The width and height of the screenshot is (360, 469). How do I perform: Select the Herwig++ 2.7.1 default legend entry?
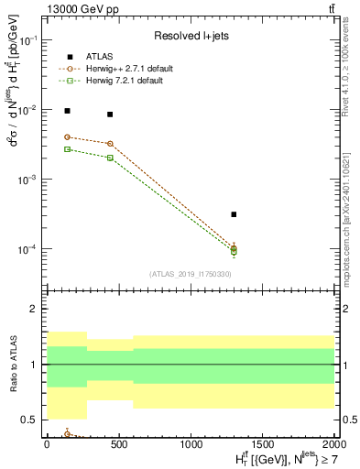tap(123, 69)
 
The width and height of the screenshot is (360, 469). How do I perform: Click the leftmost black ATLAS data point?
tap(67, 111)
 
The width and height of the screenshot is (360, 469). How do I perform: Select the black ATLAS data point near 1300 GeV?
tap(235, 214)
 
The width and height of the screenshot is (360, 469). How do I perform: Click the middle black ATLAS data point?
tap(110, 115)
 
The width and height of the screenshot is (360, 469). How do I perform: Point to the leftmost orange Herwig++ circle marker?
tap(67, 136)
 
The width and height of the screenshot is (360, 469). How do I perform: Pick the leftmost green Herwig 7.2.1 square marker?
tap(67, 148)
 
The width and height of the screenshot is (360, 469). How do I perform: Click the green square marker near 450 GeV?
tap(110, 158)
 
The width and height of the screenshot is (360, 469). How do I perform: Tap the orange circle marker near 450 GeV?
tap(110, 143)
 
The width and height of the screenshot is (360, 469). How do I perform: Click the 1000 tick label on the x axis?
tap(191, 444)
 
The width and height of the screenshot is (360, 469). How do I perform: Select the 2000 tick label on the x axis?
tap(334, 444)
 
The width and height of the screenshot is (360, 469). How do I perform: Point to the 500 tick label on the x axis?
tap(118, 444)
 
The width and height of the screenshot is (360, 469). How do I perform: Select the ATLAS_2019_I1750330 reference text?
tap(190, 274)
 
